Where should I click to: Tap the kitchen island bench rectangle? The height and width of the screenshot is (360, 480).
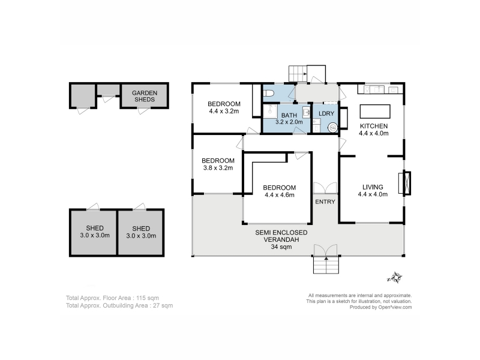pyautogui.click(x=375, y=112)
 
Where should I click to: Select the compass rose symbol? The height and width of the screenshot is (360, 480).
pyautogui.click(x=395, y=278)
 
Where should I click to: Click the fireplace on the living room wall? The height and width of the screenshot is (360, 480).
pyautogui.click(x=404, y=183)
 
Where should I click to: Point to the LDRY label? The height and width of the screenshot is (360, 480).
pyautogui.click(x=326, y=113)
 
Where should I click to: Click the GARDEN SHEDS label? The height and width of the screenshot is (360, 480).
pyautogui.click(x=145, y=96)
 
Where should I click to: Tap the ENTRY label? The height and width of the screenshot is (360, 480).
pyautogui.click(x=325, y=202)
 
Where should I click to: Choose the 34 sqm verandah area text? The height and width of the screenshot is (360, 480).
pyautogui.click(x=281, y=247)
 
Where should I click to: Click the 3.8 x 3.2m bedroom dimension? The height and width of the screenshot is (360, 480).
pyautogui.click(x=218, y=168)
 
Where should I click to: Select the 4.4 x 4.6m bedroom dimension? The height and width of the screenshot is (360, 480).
pyautogui.click(x=280, y=194)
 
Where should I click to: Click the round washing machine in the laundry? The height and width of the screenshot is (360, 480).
pyautogui.click(x=333, y=127)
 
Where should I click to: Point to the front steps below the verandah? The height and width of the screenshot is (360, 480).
pyautogui.click(x=326, y=265)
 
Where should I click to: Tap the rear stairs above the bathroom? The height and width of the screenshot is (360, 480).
pyautogui.click(x=298, y=74)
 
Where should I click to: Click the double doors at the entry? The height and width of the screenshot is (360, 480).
pyautogui.click(x=325, y=188)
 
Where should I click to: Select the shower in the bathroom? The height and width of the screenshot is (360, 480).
pyautogui.click(x=271, y=112)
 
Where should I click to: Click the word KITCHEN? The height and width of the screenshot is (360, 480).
pyautogui.click(x=374, y=126)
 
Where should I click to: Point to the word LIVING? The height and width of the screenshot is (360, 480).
pyautogui.click(x=373, y=187)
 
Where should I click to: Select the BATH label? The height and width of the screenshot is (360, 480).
pyautogui.click(x=289, y=115)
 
